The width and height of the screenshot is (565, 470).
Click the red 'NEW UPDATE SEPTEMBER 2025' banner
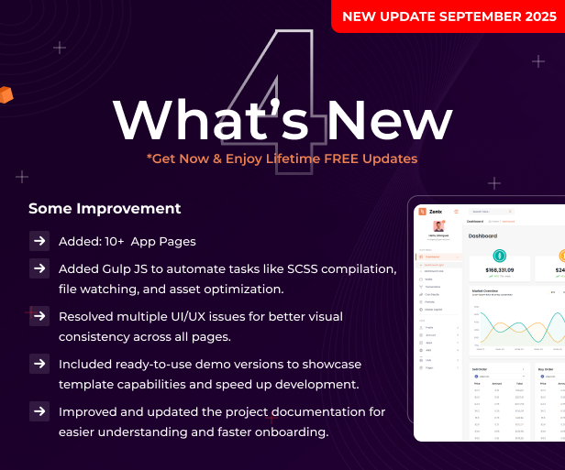(449, 16)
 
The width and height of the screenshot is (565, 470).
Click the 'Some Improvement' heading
(105, 208)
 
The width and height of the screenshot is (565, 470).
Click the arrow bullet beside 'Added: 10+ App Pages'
(39, 241)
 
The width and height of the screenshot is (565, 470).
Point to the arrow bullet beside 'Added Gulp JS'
(39, 268)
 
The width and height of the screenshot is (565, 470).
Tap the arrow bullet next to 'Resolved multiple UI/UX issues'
(39, 316)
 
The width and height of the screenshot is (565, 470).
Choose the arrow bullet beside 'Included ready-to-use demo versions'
(39, 364)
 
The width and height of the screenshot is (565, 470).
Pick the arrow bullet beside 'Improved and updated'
(39, 411)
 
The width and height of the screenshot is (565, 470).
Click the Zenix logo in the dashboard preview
(430, 212)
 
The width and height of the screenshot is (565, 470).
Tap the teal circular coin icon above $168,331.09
(499, 256)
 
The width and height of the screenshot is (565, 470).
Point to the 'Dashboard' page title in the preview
(482, 235)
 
